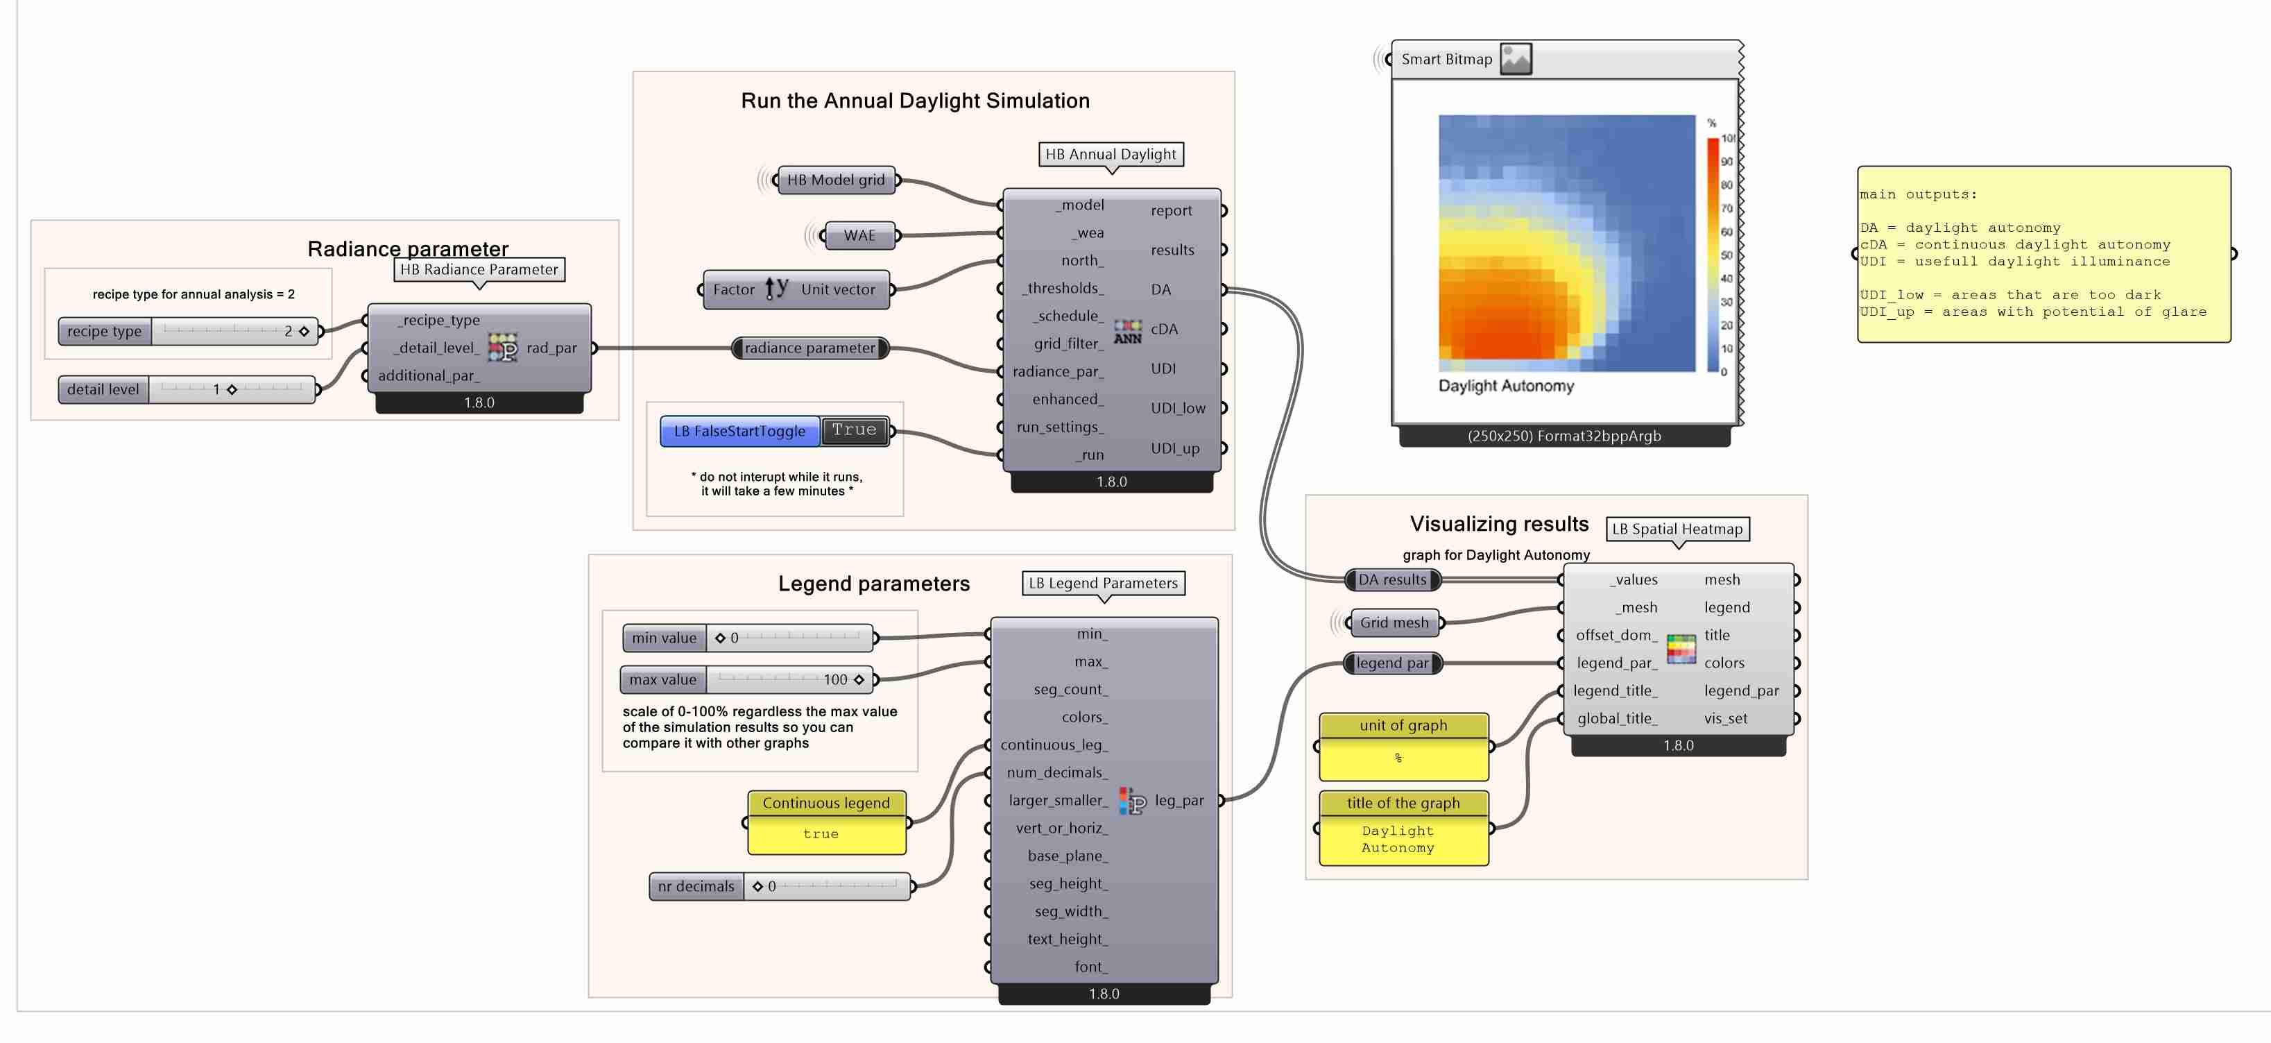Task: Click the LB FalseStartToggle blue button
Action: pos(739,431)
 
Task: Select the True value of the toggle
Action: pos(853,430)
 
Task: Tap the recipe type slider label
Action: pos(104,332)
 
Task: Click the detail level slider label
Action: pos(103,390)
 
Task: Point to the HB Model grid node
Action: pos(836,180)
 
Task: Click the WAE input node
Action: pos(859,235)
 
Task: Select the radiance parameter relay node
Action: pos(809,348)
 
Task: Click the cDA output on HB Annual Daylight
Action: pos(1164,329)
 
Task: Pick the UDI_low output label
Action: pos(1177,408)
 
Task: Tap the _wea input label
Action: pos(1088,232)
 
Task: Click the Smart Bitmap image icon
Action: pos(1516,59)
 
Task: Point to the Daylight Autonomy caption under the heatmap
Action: pos(1506,386)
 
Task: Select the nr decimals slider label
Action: pos(696,886)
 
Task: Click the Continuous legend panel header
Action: pos(826,803)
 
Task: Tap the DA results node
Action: pos(1392,580)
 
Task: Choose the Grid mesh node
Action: pos(1394,622)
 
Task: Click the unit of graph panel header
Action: pos(1403,726)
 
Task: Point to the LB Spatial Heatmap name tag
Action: pos(1677,529)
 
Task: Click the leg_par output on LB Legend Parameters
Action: pos(1179,801)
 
